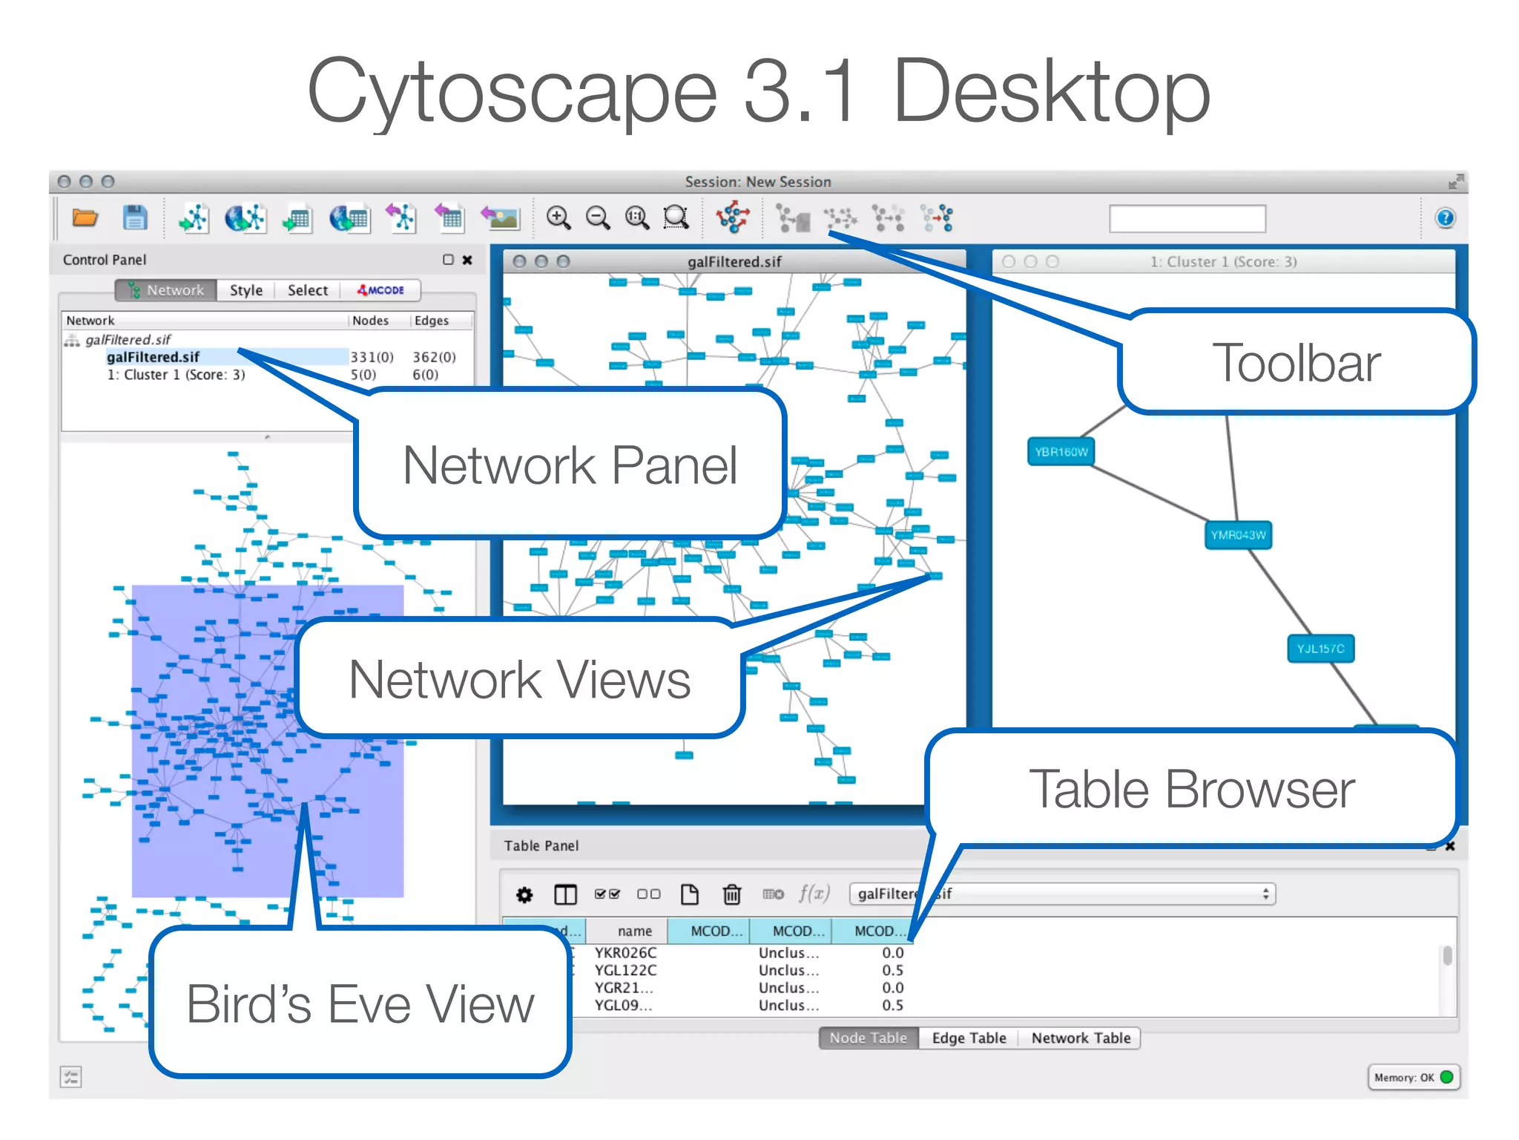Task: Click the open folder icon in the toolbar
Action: pyautogui.click(x=85, y=218)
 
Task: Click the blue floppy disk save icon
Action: pyautogui.click(x=135, y=218)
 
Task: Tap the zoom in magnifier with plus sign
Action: pyautogui.click(x=558, y=218)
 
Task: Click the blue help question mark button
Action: pyautogui.click(x=1445, y=218)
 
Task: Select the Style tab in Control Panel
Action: pyautogui.click(x=246, y=290)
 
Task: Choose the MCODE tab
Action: pyautogui.click(x=381, y=290)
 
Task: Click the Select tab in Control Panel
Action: pyautogui.click(x=307, y=290)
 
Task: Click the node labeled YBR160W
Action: pyautogui.click(x=1061, y=452)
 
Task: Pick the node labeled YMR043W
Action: pyautogui.click(x=1238, y=535)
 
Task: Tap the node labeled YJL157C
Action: pyautogui.click(x=1320, y=649)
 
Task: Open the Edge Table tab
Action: pyautogui.click(x=969, y=1038)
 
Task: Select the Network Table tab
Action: pyautogui.click(x=1081, y=1038)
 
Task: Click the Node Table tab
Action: pyautogui.click(x=868, y=1038)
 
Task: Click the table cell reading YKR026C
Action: pyautogui.click(x=625, y=952)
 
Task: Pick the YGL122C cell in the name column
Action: pyautogui.click(x=625, y=970)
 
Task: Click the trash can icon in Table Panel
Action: pyautogui.click(x=731, y=894)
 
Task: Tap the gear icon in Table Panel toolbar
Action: pyautogui.click(x=524, y=895)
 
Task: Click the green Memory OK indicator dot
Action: pyautogui.click(x=1446, y=1077)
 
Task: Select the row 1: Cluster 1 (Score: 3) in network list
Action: pyautogui.click(x=176, y=375)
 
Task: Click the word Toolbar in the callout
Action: pyautogui.click(x=1296, y=363)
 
